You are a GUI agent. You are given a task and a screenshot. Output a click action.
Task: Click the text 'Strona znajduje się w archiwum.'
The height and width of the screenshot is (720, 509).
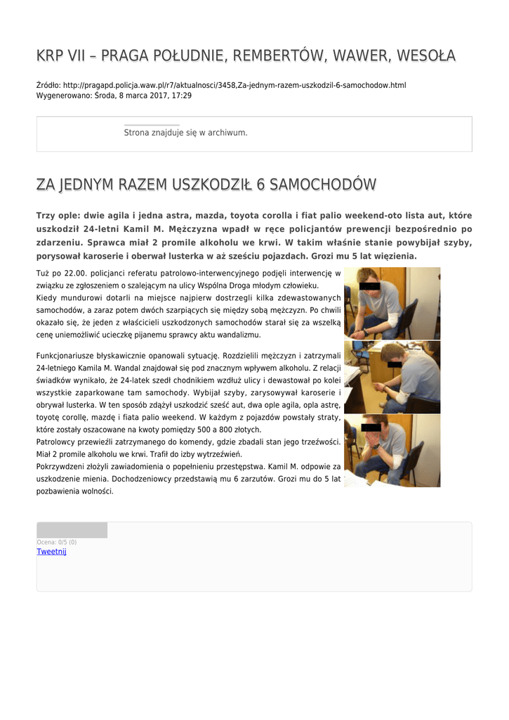[x=185, y=132]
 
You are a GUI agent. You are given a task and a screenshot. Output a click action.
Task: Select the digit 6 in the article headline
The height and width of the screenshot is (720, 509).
[x=260, y=184]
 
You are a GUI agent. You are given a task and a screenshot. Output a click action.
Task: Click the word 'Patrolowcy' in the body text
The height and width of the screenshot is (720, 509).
[x=58, y=442]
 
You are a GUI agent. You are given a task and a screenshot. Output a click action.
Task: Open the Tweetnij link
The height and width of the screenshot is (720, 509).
[x=51, y=552]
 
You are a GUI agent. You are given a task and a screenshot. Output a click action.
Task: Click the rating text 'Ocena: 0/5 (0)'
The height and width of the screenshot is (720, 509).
[x=56, y=542]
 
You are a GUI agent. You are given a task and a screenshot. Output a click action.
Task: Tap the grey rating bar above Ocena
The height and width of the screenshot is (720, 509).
[x=72, y=530]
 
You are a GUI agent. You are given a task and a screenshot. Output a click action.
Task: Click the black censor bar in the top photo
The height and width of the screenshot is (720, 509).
[x=369, y=286]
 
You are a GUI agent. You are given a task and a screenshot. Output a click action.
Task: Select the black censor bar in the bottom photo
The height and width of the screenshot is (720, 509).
[x=371, y=427]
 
